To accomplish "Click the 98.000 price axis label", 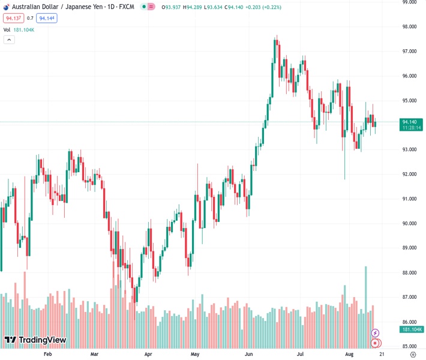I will tap(410, 26).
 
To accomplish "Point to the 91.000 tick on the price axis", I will tap(410, 199).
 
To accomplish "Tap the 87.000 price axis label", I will tap(410, 297).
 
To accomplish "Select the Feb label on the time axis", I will tap(49, 355).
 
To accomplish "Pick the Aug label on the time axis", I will tap(349, 355).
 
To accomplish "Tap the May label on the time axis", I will tap(194, 355).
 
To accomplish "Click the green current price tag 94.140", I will tap(410, 122).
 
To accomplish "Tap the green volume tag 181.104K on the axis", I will tap(412, 329).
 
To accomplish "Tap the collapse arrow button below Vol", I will tap(9, 40).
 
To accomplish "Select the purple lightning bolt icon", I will tap(376, 333).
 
